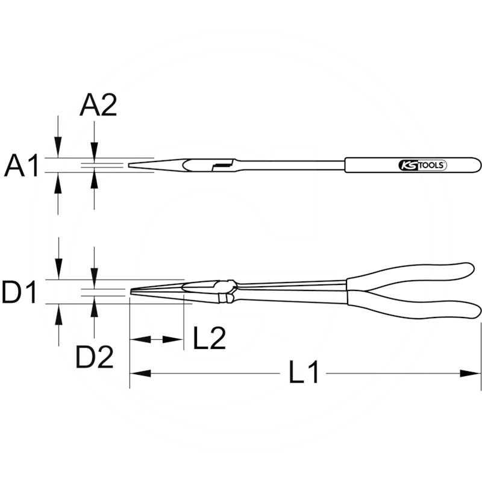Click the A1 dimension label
(22, 166)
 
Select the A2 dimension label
(98, 105)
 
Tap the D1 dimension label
(19, 292)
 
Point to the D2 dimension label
(95, 357)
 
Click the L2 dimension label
(210, 338)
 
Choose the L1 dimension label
(304, 372)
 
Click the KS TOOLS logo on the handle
(422, 165)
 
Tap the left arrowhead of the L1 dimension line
(140, 374)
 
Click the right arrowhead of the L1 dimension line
(470, 374)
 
